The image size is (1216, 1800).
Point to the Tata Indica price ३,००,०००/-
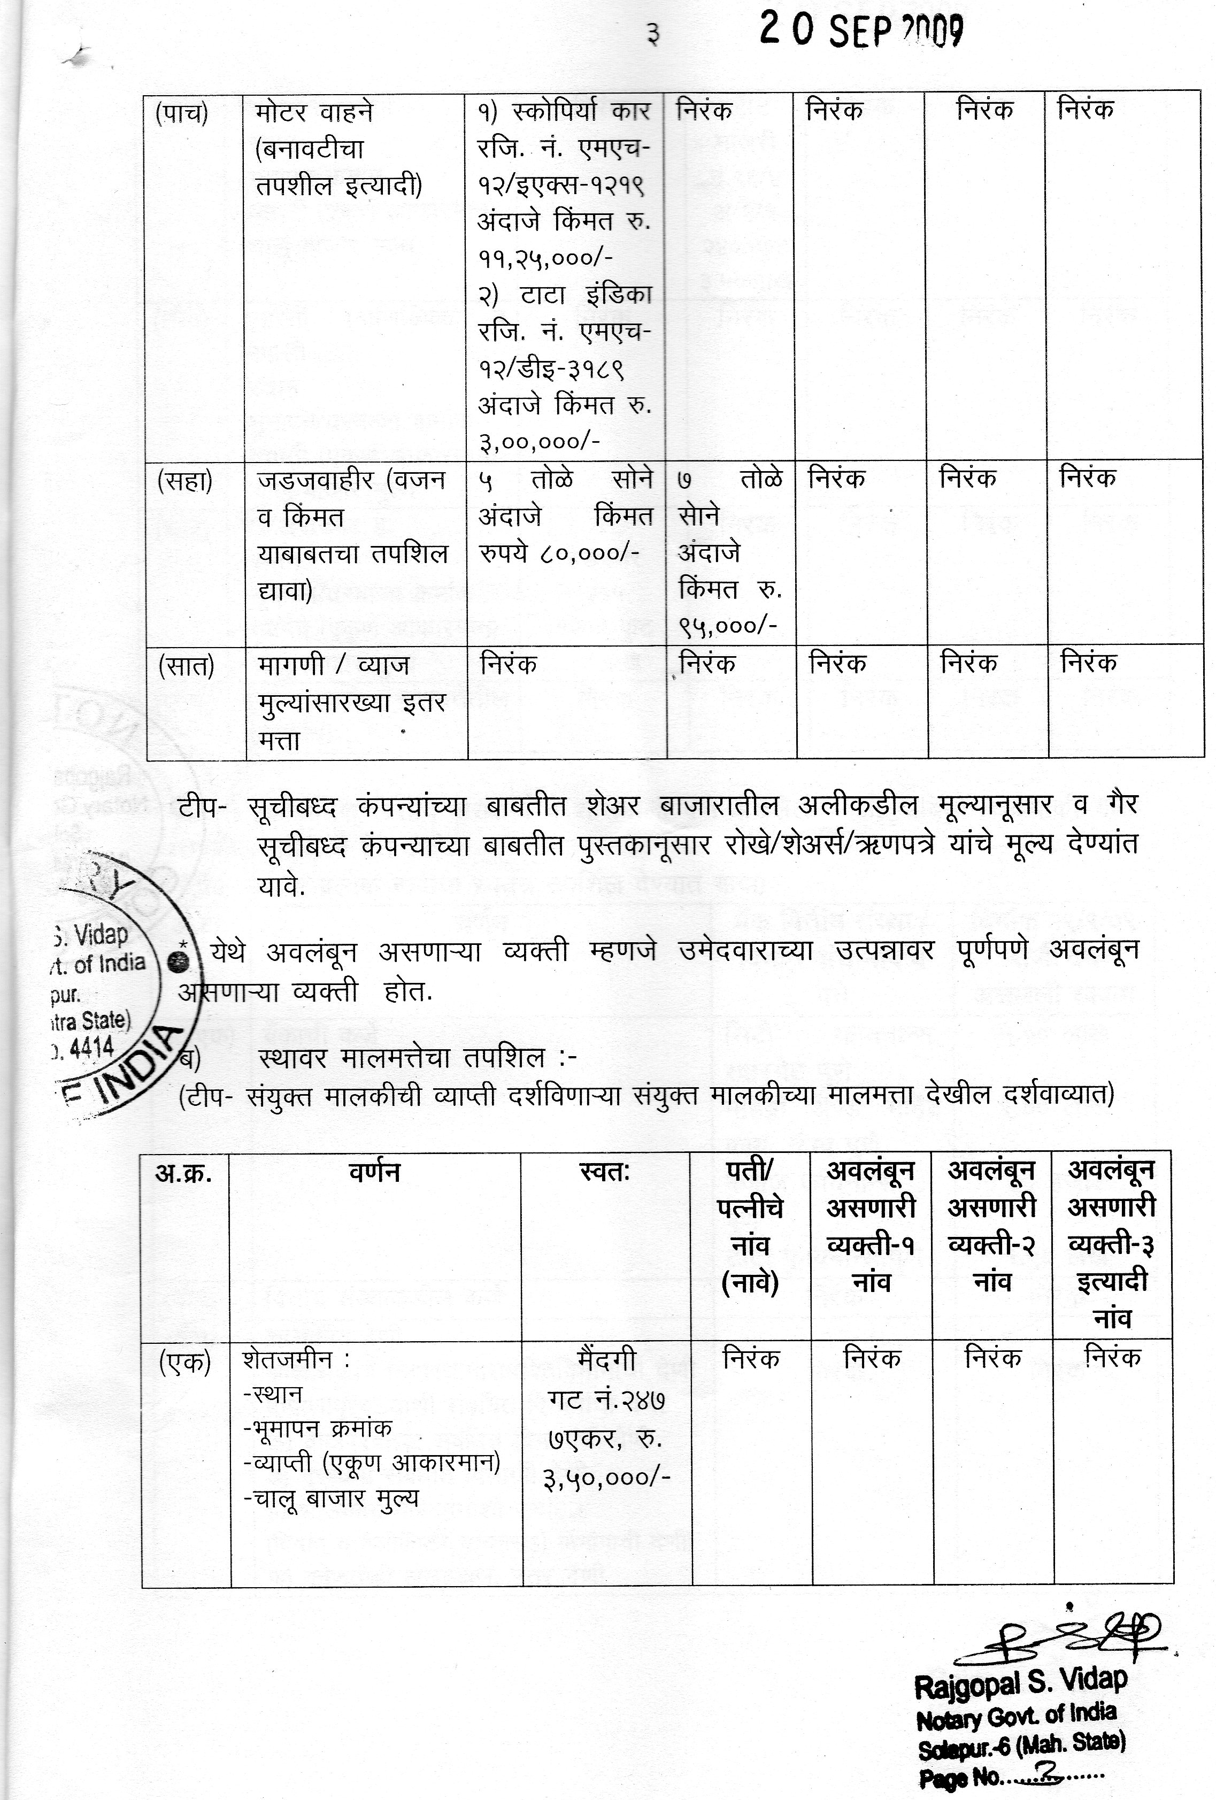pos(539,442)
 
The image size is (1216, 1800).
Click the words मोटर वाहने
pos(314,112)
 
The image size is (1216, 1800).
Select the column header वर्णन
pos(374,1173)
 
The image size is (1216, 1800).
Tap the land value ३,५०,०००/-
pos(606,1477)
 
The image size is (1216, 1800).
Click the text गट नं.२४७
pos(606,1399)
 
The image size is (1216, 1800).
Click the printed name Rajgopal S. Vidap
pos(1020,1680)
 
